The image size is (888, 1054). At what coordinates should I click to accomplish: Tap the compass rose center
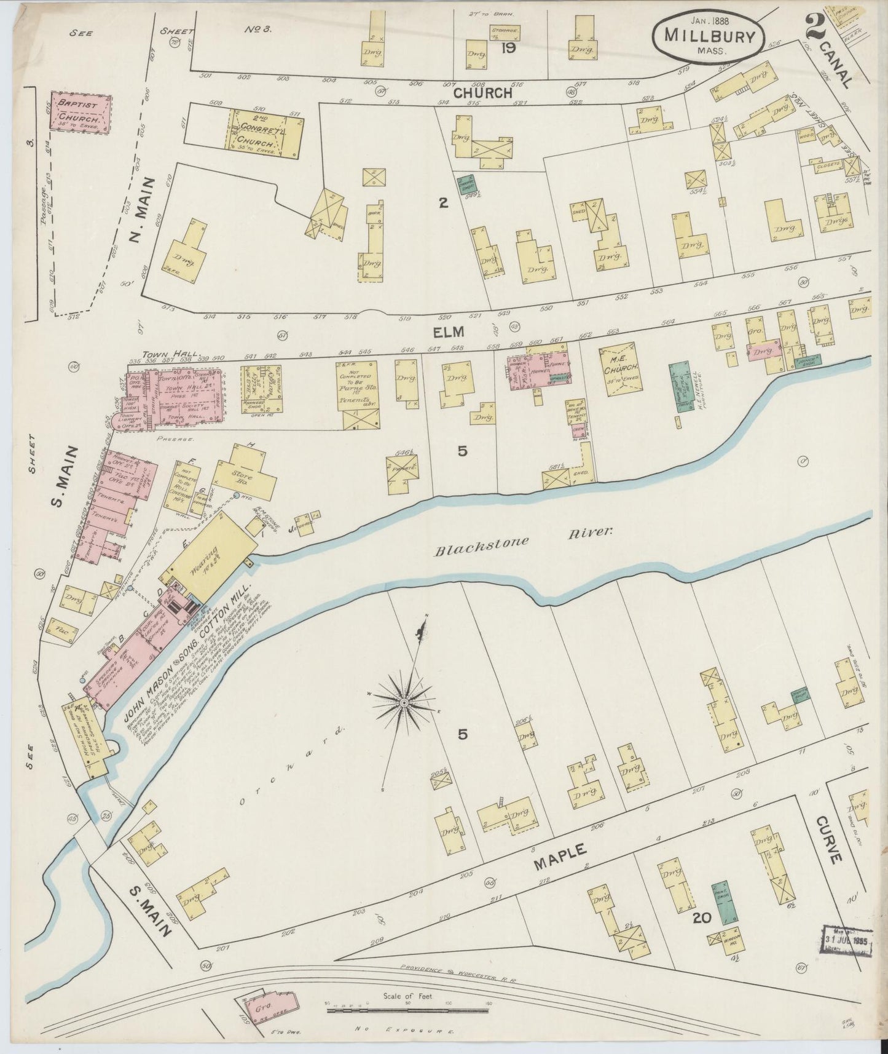(x=404, y=702)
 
